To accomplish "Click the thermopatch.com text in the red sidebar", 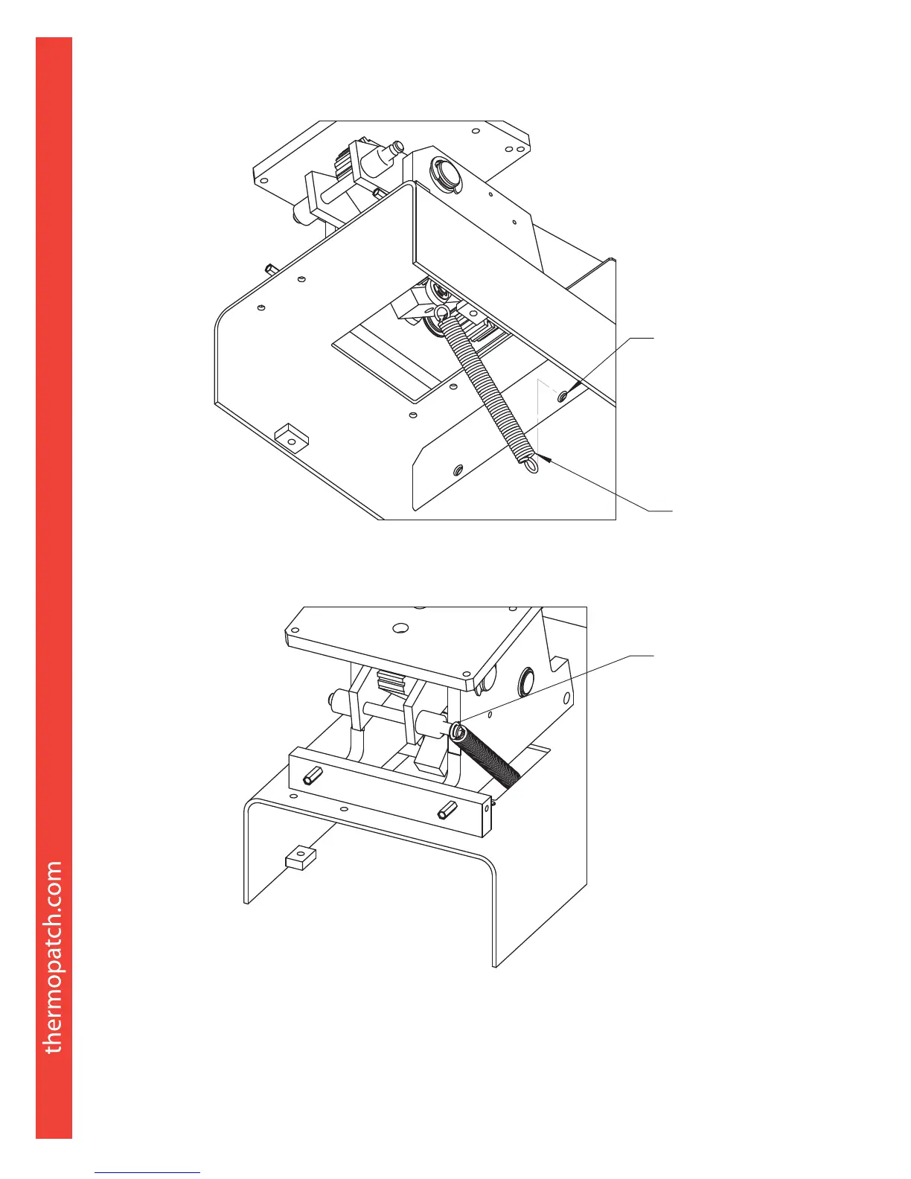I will [54, 957].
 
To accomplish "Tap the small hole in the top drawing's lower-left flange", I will [458, 470].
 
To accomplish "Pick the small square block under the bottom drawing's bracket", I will [300, 859].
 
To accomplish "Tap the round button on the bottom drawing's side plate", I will [528, 680].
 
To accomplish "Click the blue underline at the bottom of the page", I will [148, 1172].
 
